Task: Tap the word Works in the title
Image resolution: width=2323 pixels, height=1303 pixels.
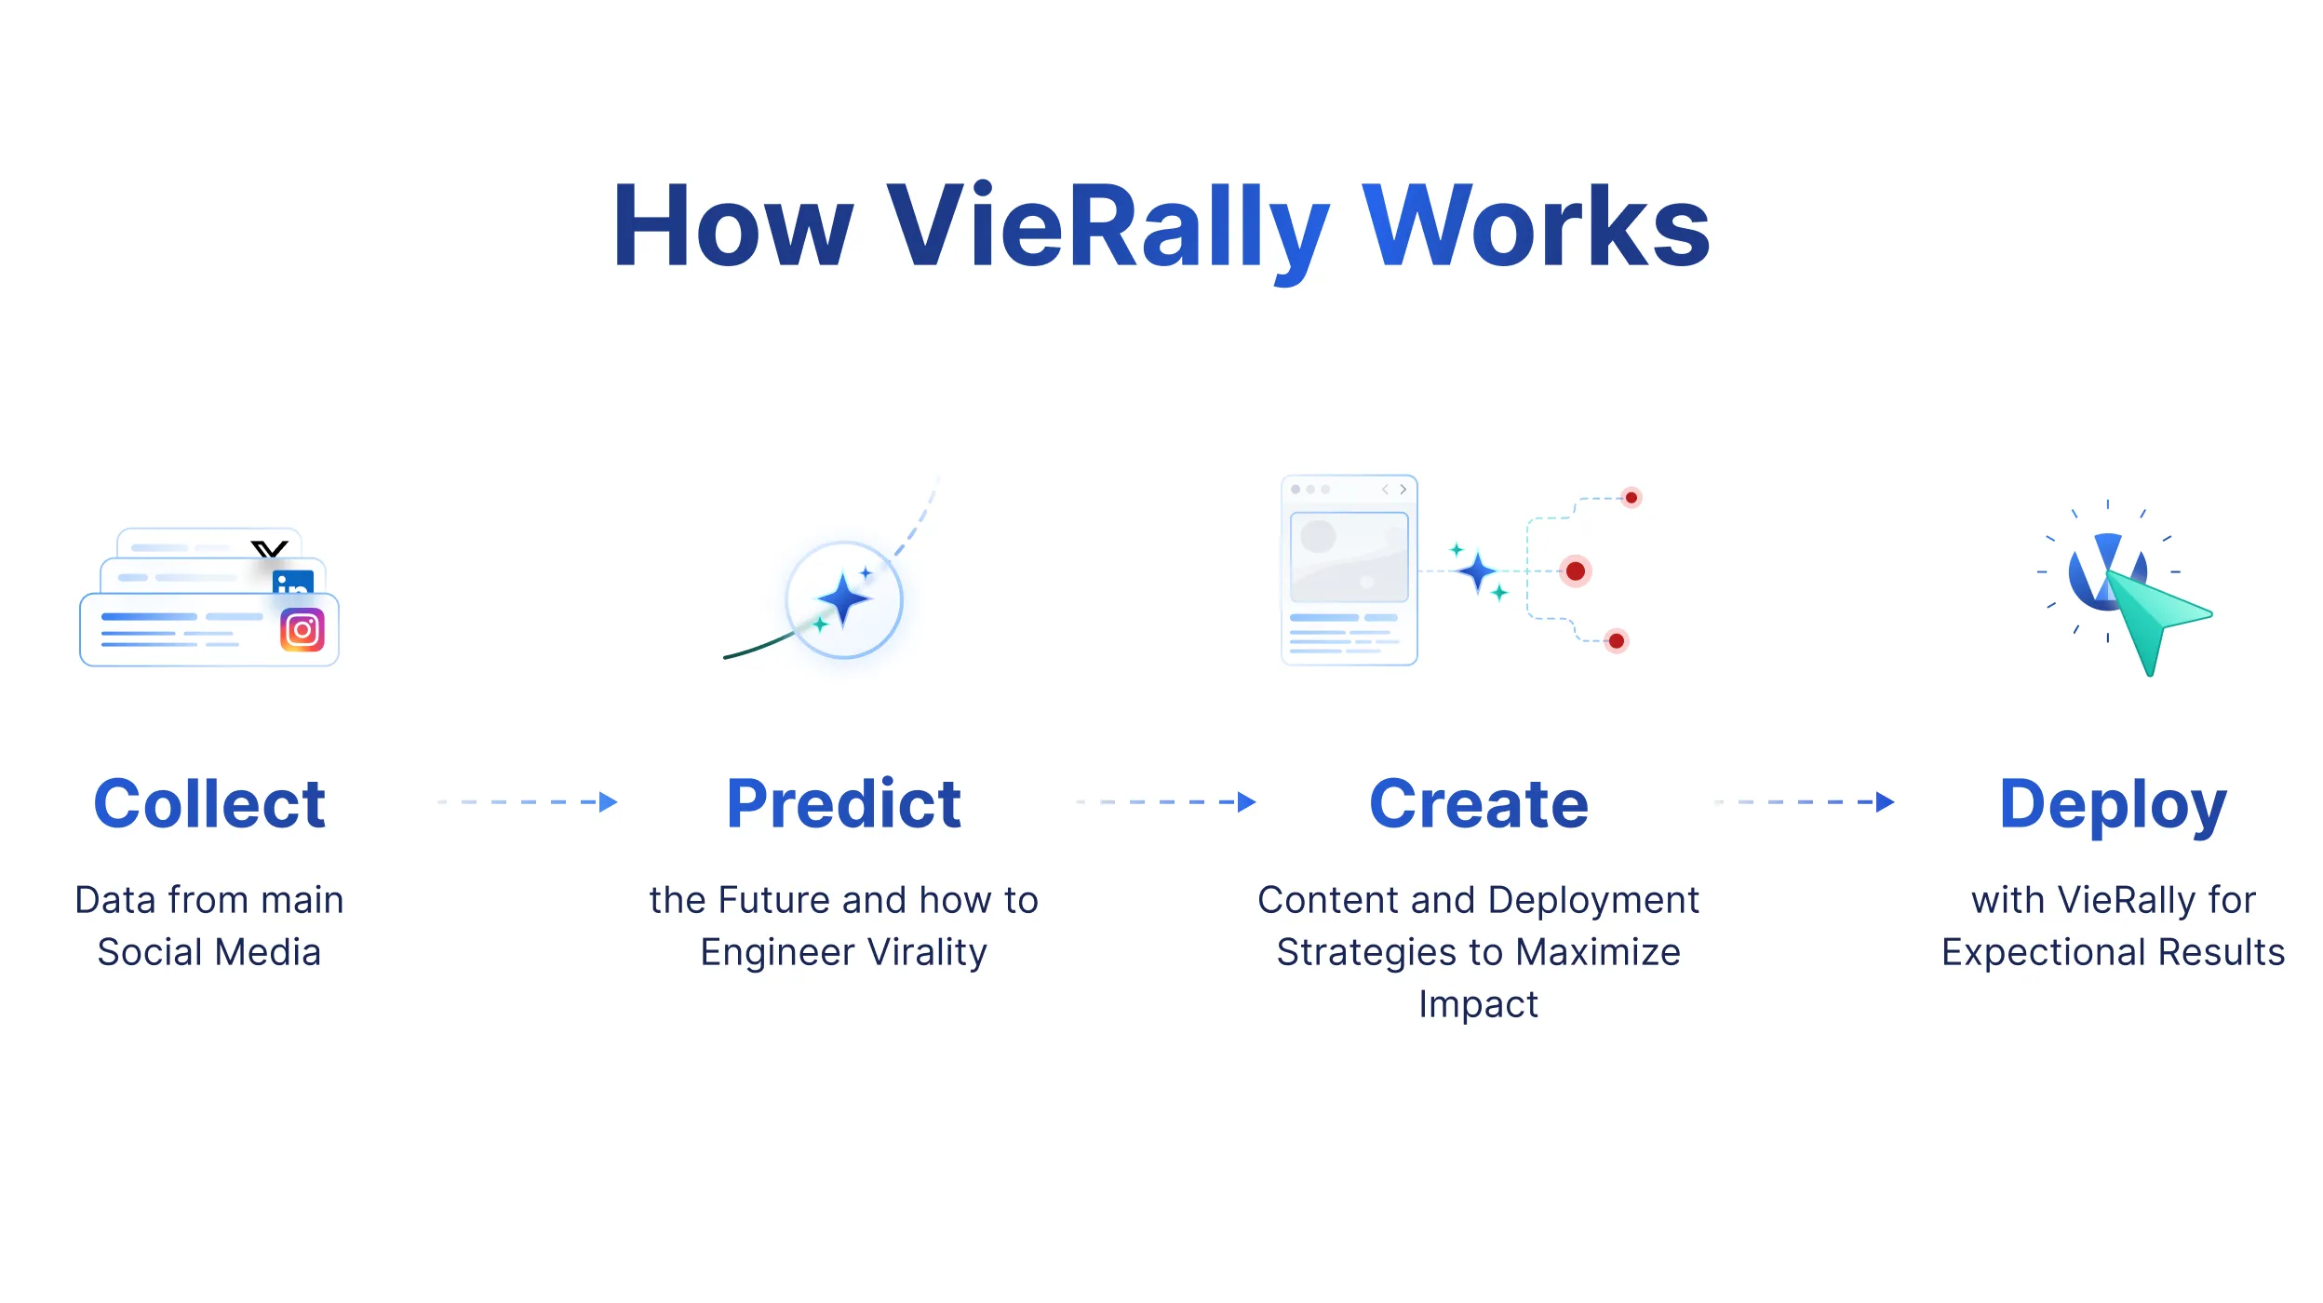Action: pos(1537,225)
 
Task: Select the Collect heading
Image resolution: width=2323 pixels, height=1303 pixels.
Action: pos(209,803)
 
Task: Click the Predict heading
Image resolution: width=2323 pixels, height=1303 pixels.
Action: pos(843,803)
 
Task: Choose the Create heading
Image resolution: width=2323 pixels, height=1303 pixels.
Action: pos(1479,803)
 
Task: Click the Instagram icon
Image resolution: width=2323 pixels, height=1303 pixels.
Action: pos(302,630)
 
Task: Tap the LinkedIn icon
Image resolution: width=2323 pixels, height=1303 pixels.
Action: pos(293,583)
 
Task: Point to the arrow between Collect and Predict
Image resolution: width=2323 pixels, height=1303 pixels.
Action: pos(528,802)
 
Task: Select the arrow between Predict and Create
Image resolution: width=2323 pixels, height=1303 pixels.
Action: pos(1166,802)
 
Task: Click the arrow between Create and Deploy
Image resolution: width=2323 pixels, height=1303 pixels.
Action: pos(1805,802)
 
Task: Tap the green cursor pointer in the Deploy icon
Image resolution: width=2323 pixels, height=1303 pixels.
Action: pos(2155,619)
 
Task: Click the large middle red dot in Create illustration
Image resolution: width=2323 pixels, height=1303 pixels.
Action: pos(1576,571)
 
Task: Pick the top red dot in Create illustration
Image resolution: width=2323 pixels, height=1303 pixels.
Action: pos(1631,498)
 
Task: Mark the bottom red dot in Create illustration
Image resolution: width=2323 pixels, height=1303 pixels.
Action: pos(1617,640)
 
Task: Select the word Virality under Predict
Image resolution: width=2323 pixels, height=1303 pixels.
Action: pos(927,953)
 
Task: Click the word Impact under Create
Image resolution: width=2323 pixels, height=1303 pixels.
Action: pos(1479,1005)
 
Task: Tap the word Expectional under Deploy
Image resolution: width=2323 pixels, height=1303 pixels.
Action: pos(2044,953)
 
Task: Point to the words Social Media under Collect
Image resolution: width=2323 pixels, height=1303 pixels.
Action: pos(209,952)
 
